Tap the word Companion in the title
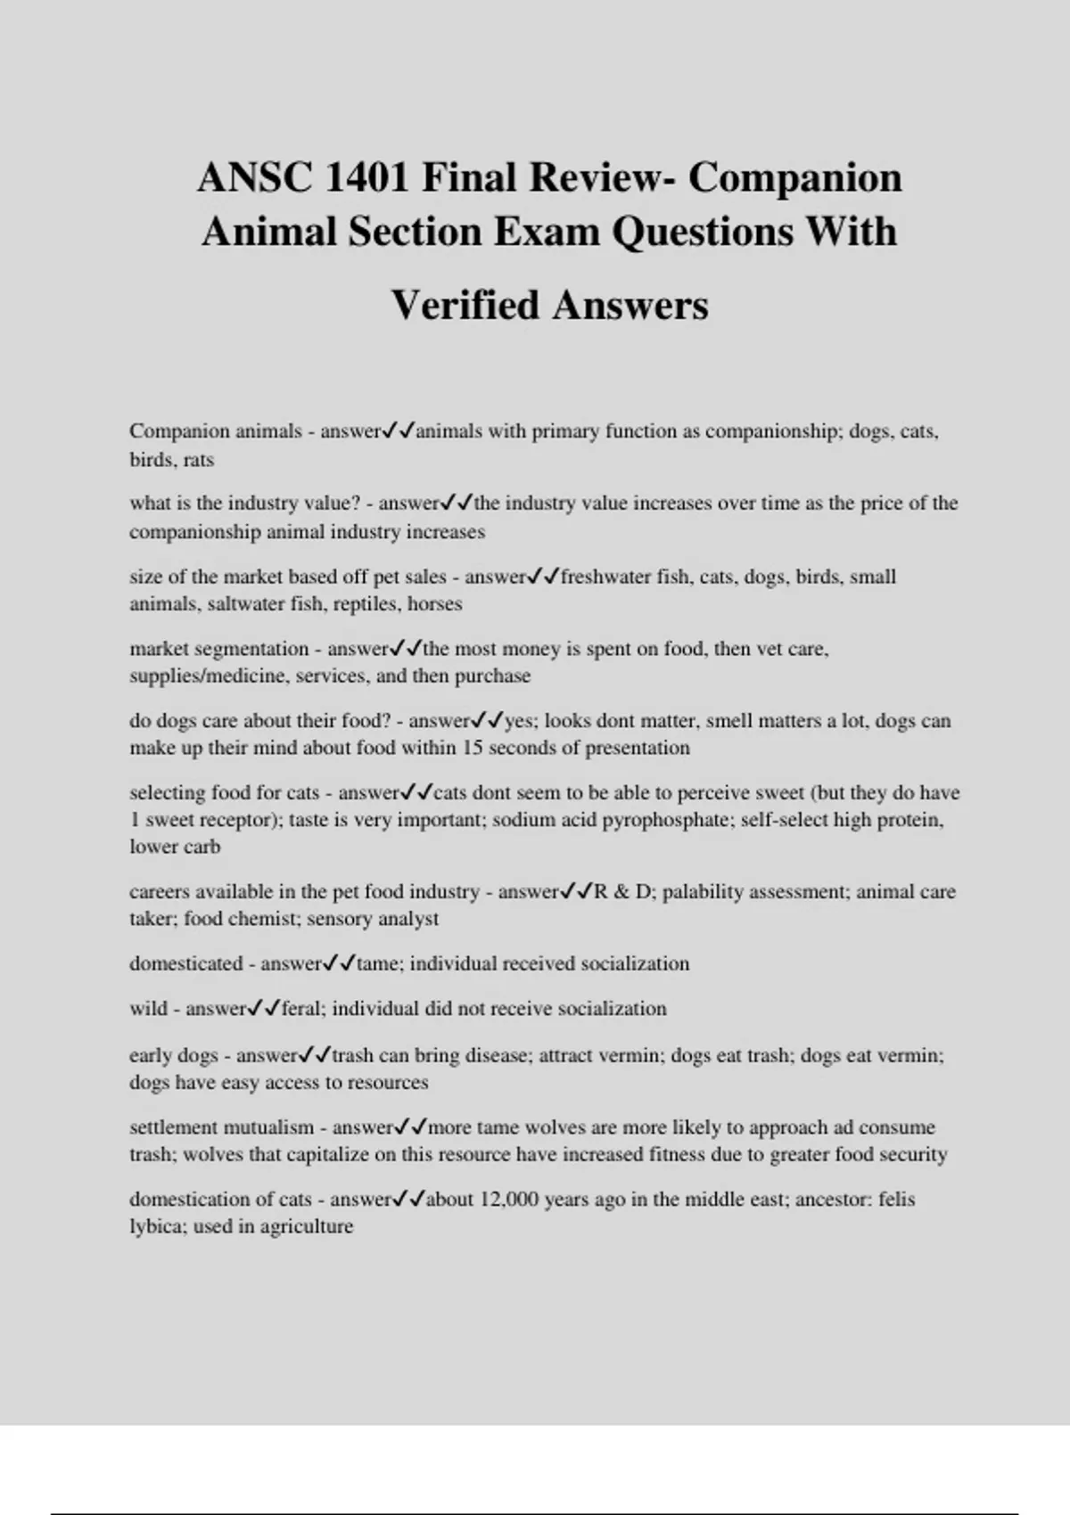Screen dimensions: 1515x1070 pyautogui.click(x=795, y=177)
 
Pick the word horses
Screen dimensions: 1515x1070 pyautogui.click(x=435, y=603)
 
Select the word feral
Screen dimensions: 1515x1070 pyautogui.click(x=300, y=1009)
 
